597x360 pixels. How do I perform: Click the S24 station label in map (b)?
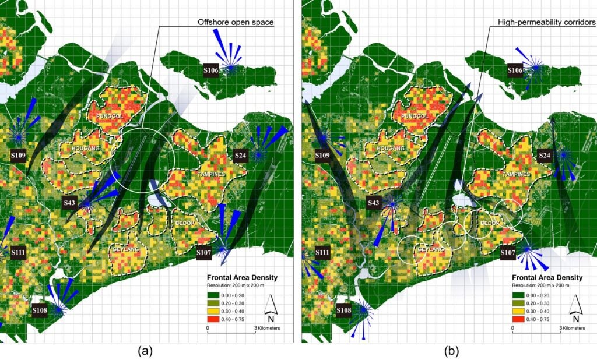544,156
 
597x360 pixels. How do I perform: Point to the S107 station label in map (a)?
203,253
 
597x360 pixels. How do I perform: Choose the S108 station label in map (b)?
344,310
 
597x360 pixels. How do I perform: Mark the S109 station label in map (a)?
18,156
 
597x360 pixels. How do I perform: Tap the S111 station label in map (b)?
322,252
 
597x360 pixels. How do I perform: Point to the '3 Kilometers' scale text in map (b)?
573,329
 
